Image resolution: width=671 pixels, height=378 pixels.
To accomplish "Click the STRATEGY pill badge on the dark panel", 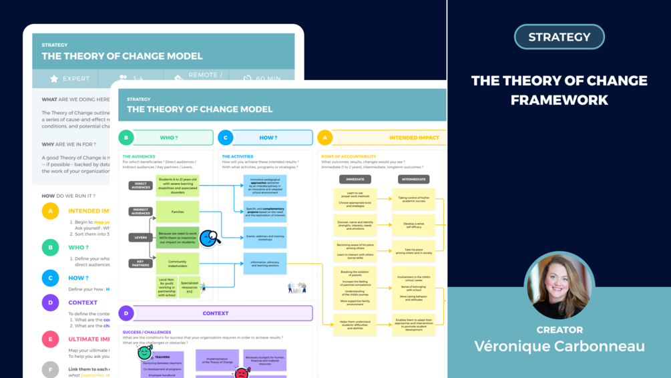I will (559, 37).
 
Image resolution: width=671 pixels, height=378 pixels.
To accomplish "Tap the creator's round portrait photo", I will (559, 286).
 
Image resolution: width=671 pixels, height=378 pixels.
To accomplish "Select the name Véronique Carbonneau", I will (559, 346).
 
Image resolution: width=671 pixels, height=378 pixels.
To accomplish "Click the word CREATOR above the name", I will (560, 329).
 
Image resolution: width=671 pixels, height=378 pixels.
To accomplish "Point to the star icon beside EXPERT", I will (54, 79).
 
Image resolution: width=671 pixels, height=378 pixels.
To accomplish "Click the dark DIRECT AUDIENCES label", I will (140, 186).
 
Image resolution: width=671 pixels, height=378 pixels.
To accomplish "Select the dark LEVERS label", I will (140, 237).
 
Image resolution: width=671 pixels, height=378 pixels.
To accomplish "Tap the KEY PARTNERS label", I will (140, 263).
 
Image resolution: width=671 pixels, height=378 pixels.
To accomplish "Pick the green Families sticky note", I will (178, 212).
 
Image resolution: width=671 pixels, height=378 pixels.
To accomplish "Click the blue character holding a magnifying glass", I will (210, 237).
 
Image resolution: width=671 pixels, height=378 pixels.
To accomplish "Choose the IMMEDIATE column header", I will (355, 179).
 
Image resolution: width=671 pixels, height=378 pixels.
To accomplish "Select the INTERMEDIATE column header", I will (414, 179).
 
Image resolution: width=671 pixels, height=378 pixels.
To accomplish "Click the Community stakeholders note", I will (178, 263).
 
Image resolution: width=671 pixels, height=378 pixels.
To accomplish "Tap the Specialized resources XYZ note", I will (190, 287).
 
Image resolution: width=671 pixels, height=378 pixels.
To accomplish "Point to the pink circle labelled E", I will (50, 339).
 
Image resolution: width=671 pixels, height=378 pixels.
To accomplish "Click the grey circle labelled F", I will (50, 369).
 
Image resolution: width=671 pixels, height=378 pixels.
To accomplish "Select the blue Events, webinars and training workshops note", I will (265, 236).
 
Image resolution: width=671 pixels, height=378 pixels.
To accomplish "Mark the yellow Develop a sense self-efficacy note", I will (414, 225).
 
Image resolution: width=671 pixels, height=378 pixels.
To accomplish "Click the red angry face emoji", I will (242, 373).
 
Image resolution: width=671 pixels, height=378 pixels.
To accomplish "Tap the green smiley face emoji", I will (145, 352).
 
